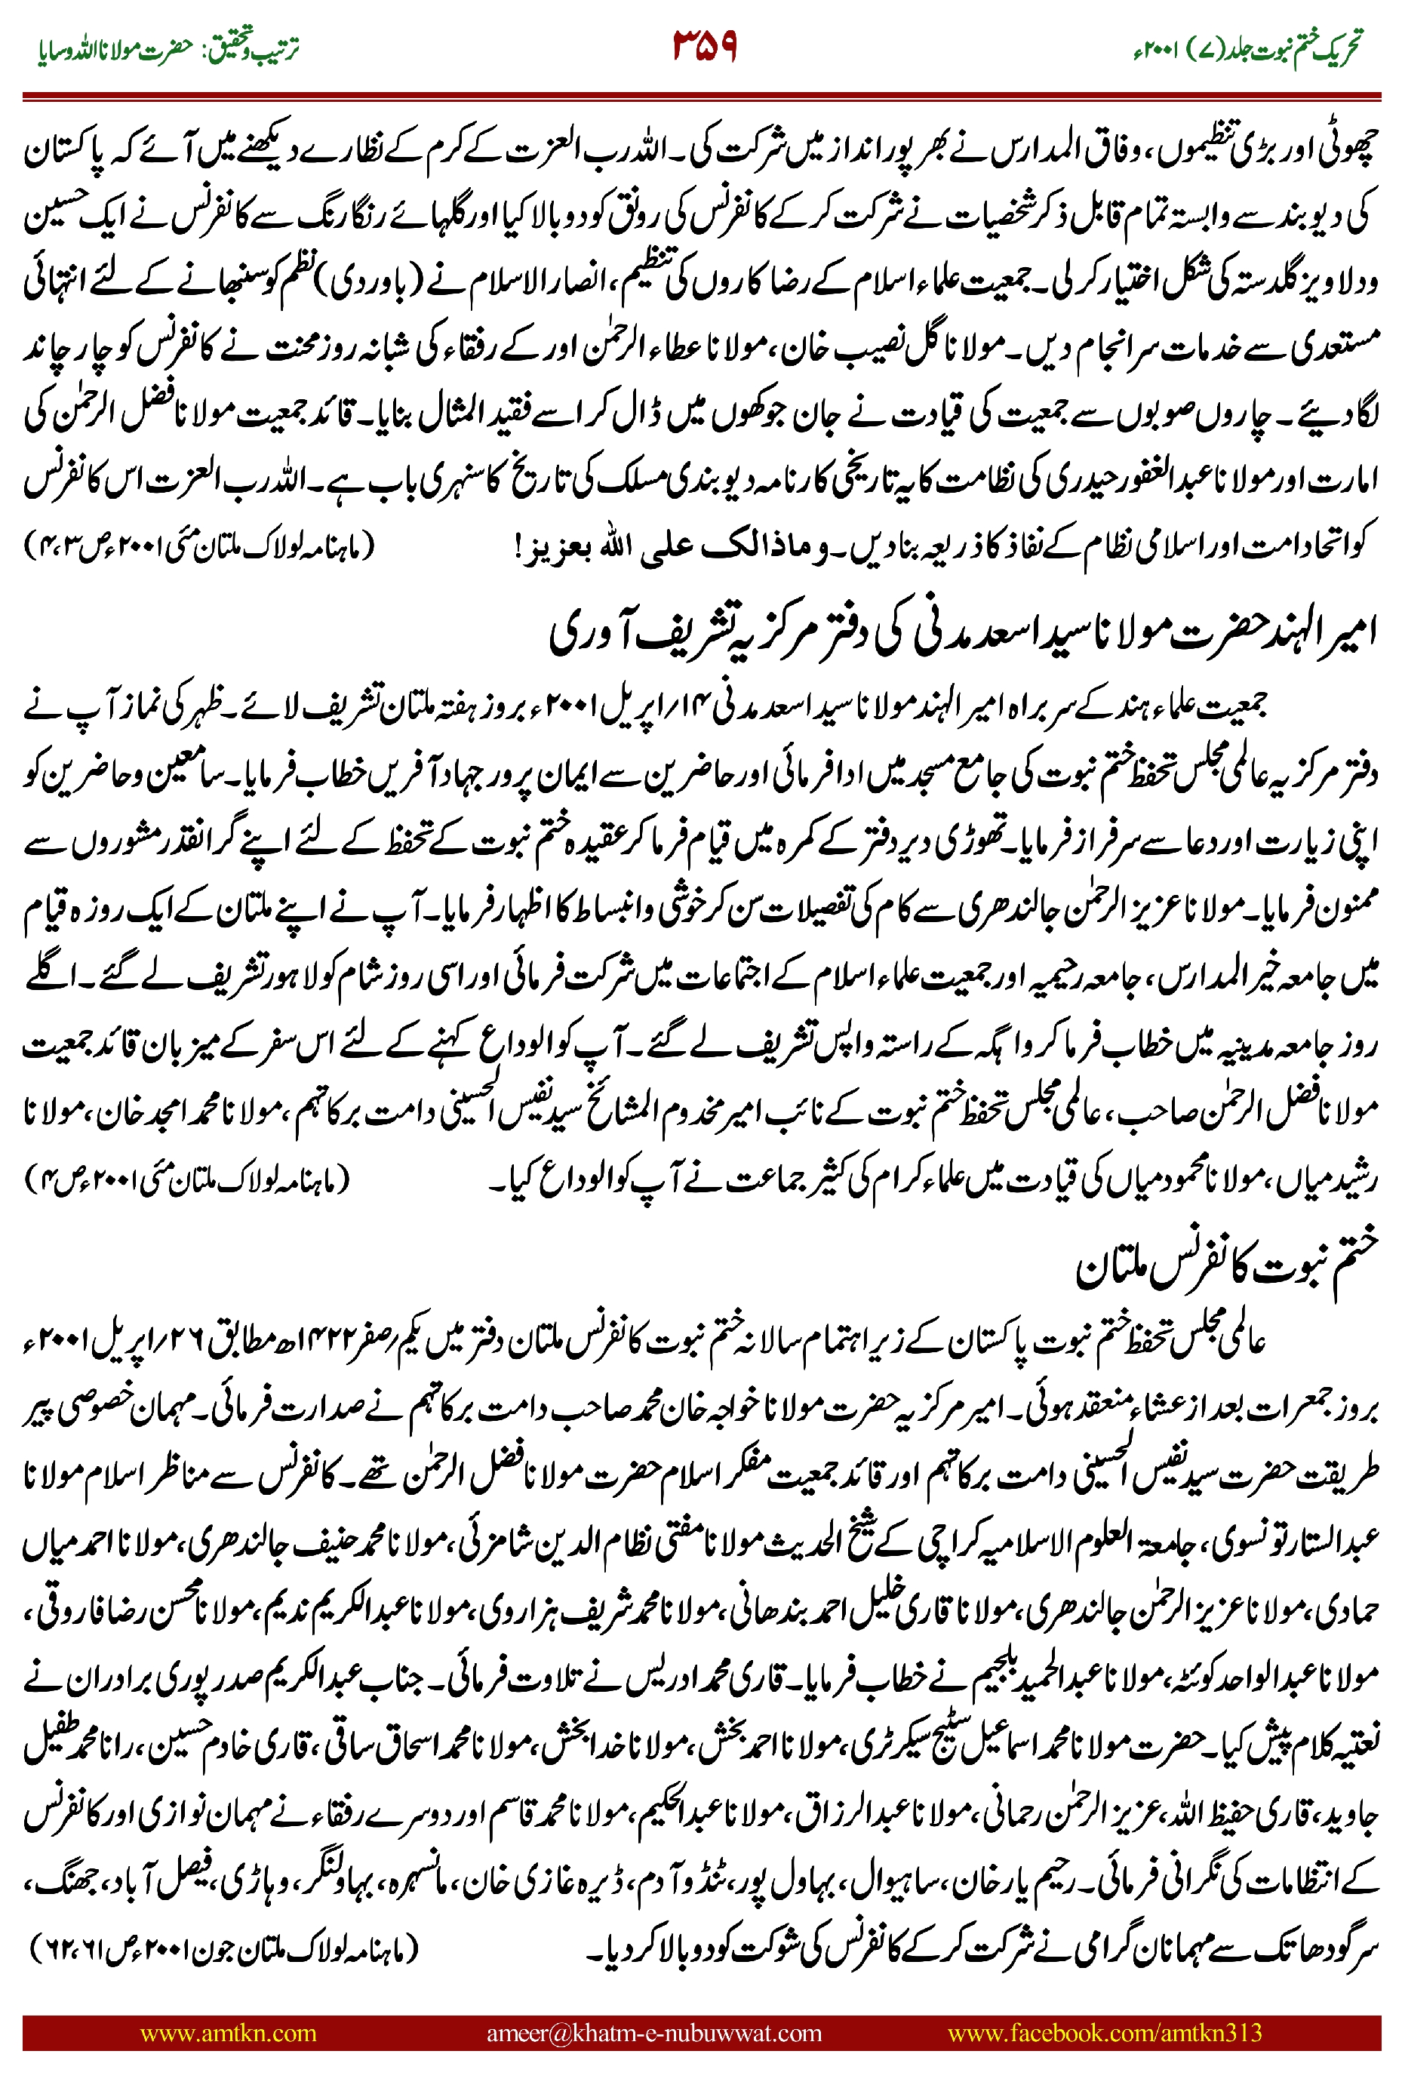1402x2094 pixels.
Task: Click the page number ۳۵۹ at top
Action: [705, 47]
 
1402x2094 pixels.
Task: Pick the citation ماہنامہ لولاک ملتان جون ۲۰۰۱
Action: [223, 1948]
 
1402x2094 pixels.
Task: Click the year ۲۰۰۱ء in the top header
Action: [1154, 49]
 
